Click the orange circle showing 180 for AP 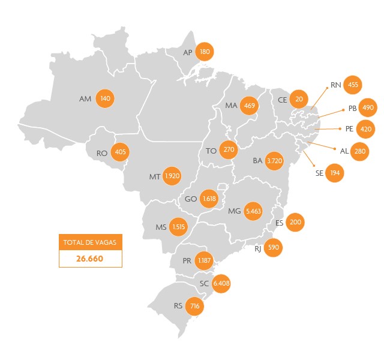click(205, 52)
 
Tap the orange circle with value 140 click(106, 98)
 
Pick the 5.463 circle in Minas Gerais click(254, 211)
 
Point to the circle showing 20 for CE click(299, 98)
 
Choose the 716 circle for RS click(194, 306)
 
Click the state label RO click(102, 153)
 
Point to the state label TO click(211, 151)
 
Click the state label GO click(191, 199)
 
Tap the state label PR click(187, 261)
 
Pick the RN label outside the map click(335, 85)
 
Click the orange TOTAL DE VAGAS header click(91, 242)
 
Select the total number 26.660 click(91, 259)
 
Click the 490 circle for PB click(368, 108)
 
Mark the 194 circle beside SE click(335, 173)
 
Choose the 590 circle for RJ click(273, 247)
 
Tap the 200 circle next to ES click(295, 222)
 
